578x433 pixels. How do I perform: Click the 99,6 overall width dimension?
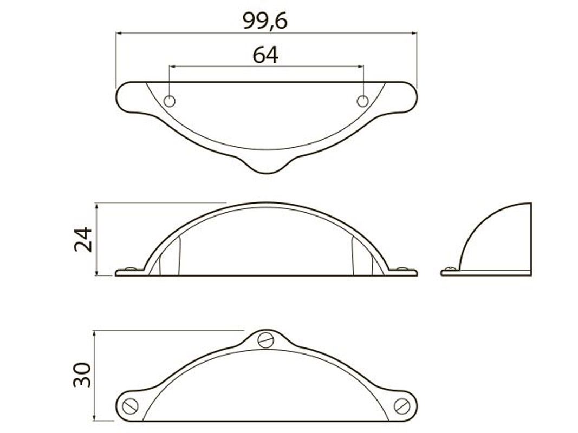pos(265,21)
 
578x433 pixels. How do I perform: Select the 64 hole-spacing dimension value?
pos(265,55)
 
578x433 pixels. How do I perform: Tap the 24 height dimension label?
pos(83,239)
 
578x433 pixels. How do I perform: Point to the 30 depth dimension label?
pos(82,375)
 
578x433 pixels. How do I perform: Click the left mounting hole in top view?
pos(169,101)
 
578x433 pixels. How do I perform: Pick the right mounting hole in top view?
pos(363,101)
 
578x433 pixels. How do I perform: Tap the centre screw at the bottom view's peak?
pos(266,340)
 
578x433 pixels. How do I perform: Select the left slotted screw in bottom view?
pos(130,406)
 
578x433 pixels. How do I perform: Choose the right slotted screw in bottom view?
pos(402,406)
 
